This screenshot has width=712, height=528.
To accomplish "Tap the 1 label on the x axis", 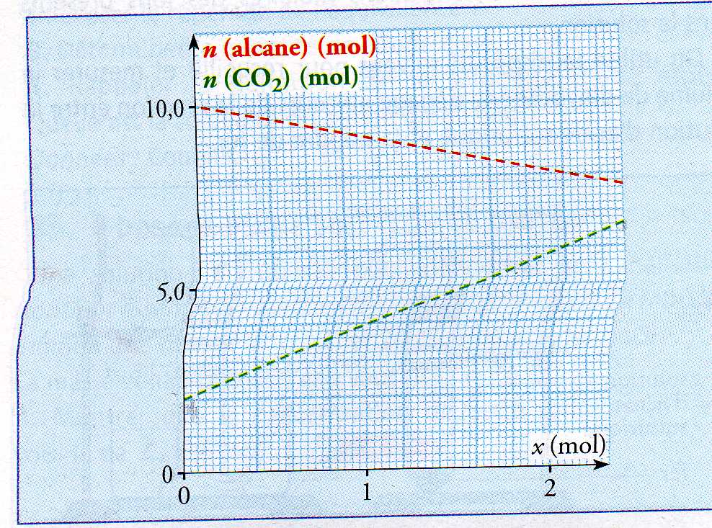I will pos(368,494).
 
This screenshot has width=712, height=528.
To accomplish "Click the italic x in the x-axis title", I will pos(538,447).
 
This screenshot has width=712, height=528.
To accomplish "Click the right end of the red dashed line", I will pos(622,182).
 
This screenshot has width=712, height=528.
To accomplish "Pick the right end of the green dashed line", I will pos(622,221).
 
